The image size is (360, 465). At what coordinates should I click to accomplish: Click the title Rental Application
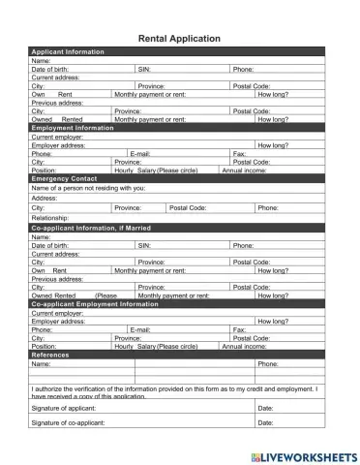180,39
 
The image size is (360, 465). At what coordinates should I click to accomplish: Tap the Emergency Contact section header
64,179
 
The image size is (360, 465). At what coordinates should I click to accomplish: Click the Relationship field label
50,218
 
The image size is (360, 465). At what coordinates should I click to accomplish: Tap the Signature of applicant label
69,409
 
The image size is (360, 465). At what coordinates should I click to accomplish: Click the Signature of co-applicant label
74,423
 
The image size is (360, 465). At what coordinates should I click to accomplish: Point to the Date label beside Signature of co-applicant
265,423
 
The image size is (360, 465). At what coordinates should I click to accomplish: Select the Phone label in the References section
267,364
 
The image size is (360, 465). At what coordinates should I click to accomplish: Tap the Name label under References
41,364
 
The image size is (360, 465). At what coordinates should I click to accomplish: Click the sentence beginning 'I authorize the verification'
174,388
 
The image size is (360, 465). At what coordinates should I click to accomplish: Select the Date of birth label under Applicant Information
50,70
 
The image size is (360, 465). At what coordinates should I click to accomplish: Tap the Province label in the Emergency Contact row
128,207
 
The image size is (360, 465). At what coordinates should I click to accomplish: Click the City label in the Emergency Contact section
38,207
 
